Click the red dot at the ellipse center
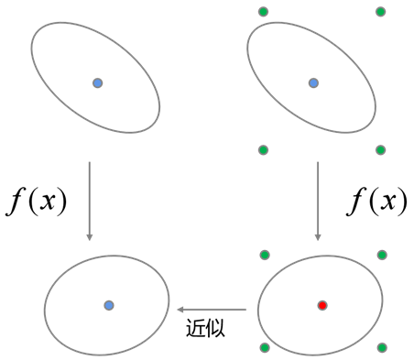322,305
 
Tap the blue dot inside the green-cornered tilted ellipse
313,83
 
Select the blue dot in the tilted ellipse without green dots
98,83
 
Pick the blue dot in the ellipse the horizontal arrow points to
109,305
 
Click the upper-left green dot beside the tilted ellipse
263,12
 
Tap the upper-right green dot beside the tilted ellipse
380,12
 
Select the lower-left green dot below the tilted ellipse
263,150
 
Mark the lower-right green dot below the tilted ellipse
380,150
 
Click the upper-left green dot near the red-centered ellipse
265,255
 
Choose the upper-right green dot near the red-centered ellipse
382,255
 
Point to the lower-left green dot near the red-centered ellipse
265,347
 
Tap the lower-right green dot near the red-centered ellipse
382,347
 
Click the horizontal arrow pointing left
212,310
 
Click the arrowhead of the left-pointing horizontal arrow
180,310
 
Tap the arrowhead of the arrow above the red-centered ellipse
318,236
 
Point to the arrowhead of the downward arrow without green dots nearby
89,236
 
